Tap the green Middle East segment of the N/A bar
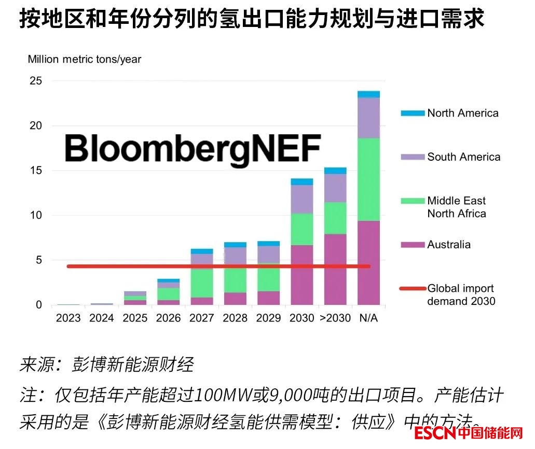(369, 179)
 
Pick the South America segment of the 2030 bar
(301, 199)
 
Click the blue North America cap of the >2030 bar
(335, 171)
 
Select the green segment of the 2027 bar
(201, 283)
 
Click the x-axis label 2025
(135, 318)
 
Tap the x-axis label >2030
(335, 318)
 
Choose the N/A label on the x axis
(369, 318)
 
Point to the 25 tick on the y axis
(36, 81)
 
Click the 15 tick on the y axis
(36, 171)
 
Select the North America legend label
(463, 113)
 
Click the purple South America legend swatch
(412, 157)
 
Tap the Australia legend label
(449, 245)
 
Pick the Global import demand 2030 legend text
(461, 294)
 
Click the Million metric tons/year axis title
(85, 59)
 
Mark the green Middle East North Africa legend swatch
(412, 201)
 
